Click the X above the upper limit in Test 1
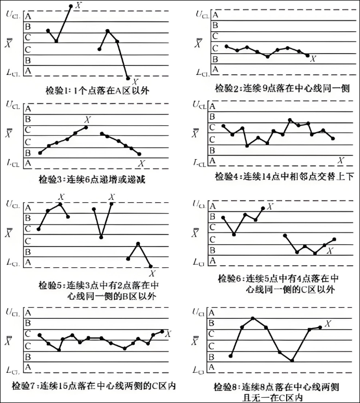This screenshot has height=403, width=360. (79, 5)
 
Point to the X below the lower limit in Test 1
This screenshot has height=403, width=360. (135, 82)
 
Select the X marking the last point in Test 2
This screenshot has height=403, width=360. (313, 59)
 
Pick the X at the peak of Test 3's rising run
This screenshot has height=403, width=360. (87, 120)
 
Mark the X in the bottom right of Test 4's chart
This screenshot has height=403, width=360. (341, 160)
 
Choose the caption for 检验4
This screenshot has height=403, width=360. (284, 176)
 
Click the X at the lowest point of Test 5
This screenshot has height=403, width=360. (152, 273)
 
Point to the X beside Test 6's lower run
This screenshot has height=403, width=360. (329, 251)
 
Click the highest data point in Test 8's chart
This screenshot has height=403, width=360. (253, 318)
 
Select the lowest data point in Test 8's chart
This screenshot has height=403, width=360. (292, 360)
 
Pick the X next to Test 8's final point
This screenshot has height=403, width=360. (328, 324)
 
